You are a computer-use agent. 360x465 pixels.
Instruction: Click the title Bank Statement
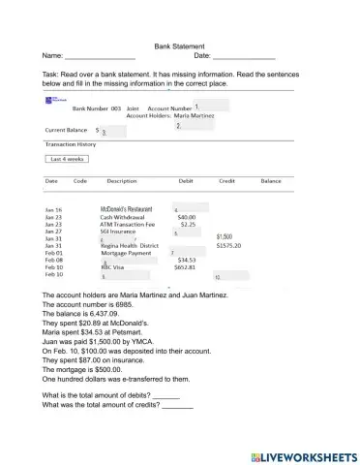click(179, 46)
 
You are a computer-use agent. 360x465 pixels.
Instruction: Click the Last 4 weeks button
click(68, 159)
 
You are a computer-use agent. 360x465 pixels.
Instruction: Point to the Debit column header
click(186, 181)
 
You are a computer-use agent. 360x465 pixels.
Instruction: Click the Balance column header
click(271, 181)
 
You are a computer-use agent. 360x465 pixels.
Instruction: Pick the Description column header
click(122, 181)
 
